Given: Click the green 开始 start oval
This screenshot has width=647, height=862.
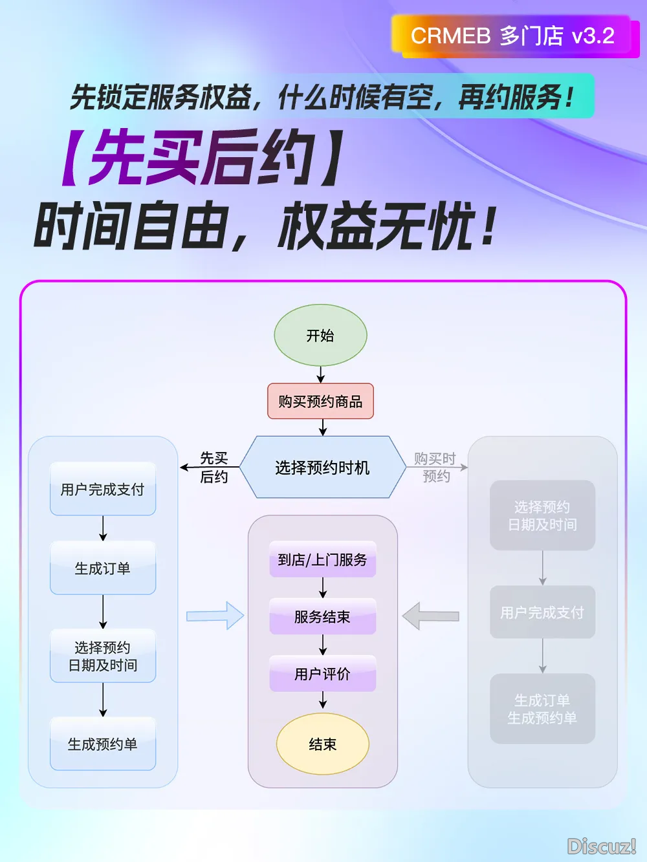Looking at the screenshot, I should [320, 336].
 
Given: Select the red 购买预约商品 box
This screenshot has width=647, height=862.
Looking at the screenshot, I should [320, 402].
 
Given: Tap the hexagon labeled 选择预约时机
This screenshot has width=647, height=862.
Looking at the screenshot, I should [322, 468].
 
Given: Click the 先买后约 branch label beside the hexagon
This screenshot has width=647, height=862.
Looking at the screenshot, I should [214, 468].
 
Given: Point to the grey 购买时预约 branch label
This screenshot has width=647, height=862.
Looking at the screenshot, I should [435, 468].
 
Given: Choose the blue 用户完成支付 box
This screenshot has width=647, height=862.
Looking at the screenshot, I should [103, 490].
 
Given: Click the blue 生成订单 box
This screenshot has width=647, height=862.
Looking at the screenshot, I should [103, 568].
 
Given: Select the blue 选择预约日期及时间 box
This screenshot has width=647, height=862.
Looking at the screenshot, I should [103, 656].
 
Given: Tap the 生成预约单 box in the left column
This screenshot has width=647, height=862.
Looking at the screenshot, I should [103, 744].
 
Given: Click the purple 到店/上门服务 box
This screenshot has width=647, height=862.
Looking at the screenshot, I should [322, 559].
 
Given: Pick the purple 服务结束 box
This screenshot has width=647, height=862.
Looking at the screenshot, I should [322, 617].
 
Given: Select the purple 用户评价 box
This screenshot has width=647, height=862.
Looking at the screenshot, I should [322, 674].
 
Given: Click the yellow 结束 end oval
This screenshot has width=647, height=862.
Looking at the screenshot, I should [322, 744].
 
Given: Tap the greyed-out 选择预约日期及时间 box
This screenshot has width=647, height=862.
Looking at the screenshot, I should [542, 515].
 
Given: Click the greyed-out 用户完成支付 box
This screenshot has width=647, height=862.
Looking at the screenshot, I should [542, 612].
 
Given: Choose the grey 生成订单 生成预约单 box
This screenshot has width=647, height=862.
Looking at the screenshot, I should [542, 709].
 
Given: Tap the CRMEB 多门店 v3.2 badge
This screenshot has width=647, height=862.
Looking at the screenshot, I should [512, 36].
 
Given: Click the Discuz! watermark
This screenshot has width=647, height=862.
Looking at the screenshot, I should [601, 846].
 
